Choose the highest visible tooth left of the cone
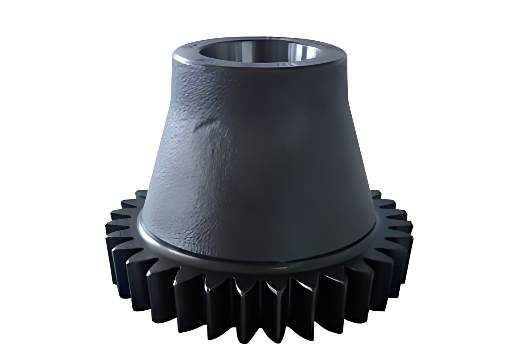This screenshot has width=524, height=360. [141, 195]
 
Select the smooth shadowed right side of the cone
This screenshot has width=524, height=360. [331, 165]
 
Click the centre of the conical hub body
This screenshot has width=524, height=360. [258, 149]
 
